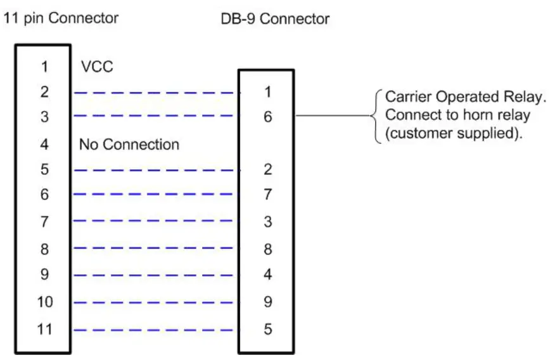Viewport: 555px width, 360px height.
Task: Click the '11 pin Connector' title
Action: click(61, 18)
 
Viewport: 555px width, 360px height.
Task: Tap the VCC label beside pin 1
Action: click(97, 67)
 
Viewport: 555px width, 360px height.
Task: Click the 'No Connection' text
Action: click(129, 145)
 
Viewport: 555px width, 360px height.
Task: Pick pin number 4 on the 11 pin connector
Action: click(44, 145)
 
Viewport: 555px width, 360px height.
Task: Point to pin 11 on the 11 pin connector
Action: click(44, 330)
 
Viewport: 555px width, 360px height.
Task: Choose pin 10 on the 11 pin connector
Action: click(44, 302)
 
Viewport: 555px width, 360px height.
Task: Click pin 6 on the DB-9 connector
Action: click(267, 117)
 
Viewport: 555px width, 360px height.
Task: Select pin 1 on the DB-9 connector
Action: click(267, 93)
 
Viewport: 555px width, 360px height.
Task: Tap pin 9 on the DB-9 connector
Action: click(267, 302)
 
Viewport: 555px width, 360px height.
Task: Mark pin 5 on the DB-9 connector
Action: click(267, 330)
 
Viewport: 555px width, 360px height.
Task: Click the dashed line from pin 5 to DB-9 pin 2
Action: click(155, 170)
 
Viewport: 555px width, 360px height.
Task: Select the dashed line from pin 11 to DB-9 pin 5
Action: click(155, 330)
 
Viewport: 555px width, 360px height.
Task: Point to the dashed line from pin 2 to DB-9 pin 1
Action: click(155, 93)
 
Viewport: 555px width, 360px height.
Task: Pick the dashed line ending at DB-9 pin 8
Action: click(155, 249)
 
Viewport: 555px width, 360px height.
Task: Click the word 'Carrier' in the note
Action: click(409, 98)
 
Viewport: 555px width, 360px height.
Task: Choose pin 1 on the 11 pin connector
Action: click(44, 67)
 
